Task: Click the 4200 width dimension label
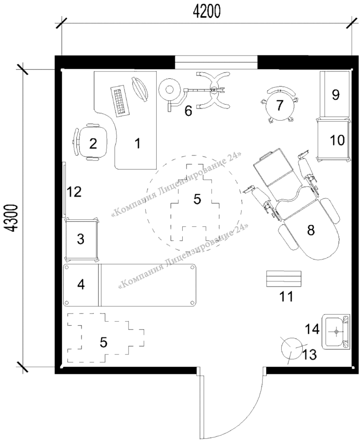coord(207,12)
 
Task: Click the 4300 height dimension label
coord(12,219)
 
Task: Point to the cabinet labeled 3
coord(81,239)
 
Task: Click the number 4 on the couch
coord(81,285)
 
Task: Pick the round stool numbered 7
coord(279,106)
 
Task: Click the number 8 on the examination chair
coord(311,230)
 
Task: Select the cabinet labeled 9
coord(335,94)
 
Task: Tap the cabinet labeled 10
coord(334,139)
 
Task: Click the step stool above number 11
coord(284,279)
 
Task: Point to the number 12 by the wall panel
coord(74,192)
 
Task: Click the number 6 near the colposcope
coord(188,111)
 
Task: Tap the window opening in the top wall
coord(216,62)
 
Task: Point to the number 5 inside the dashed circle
coord(197,199)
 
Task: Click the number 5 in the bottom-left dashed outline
coord(104,342)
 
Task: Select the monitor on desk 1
coord(140,89)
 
